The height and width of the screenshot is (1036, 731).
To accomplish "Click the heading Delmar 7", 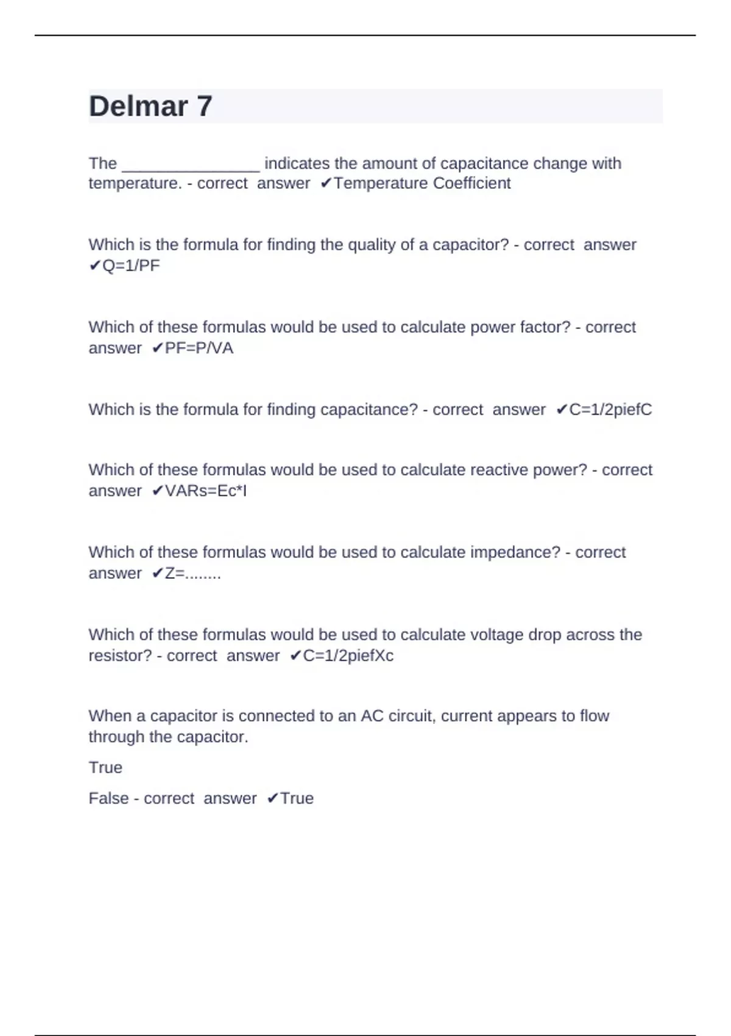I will [x=150, y=107].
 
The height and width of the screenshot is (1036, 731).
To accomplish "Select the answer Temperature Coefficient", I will [x=422, y=183].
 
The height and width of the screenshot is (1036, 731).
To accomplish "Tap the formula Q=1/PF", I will [x=131, y=266].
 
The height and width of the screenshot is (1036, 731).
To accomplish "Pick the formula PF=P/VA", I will [x=199, y=349].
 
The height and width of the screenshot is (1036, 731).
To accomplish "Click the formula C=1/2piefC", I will [x=610, y=410].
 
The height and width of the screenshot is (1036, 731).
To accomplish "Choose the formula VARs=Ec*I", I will [x=206, y=491].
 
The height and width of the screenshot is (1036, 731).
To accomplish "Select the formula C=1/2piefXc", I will [x=348, y=656].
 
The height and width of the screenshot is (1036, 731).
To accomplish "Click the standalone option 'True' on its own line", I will [x=105, y=768].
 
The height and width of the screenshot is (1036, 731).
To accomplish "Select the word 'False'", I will [x=108, y=798].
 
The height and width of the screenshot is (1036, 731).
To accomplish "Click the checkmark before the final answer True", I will [x=272, y=798].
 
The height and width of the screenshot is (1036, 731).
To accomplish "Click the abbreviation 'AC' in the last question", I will [x=372, y=716].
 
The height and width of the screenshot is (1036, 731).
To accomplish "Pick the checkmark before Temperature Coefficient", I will [x=325, y=183].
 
